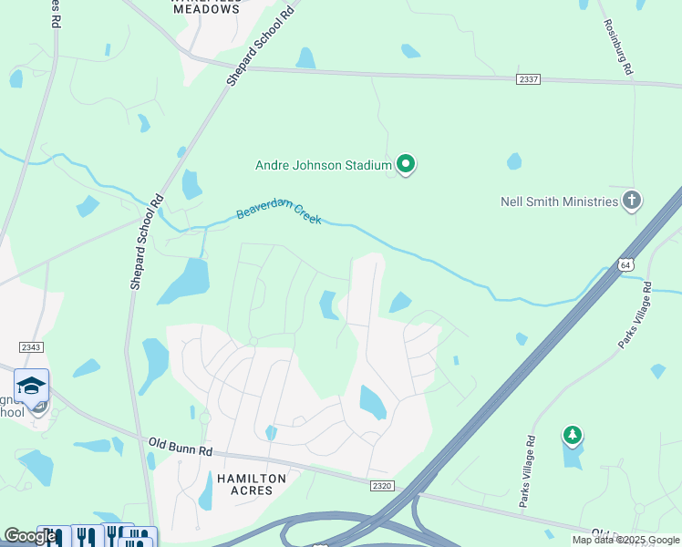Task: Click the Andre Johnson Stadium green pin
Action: click(x=406, y=165)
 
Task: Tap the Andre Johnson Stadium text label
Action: click(x=323, y=165)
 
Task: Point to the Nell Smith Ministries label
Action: click(x=559, y=201)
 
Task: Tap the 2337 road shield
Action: click(x=528, y=79)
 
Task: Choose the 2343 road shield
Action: click(x=31, y=346)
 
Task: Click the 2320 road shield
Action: click(x=382, y=486)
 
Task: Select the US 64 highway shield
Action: click(x=625, y=264)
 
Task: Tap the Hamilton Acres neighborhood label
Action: click(x=251, y=486)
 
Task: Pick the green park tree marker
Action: click(x=572, y=436)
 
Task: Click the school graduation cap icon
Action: click(x=32, y=387)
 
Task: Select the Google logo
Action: click(x=29, y=536)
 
